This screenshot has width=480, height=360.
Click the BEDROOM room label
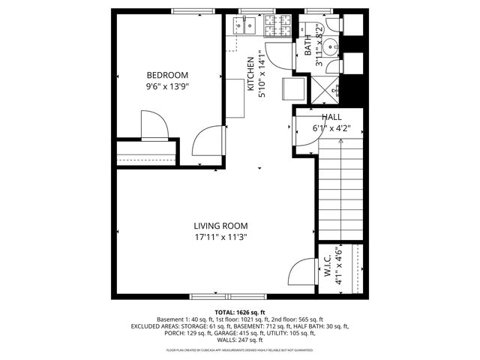[x=167, y=75]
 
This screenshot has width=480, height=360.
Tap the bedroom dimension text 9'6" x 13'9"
[x=167, y=86]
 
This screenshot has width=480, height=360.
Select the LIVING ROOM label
[x=220, y=226]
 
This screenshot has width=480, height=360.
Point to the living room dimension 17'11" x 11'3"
[x=220, y=237]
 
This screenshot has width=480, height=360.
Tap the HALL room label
[x=331, y=118]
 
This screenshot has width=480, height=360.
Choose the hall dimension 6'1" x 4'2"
[x=331, y=128]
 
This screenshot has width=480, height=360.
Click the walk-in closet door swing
[x=301, y=271]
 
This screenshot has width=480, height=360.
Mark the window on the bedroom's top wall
[x=190, y=10]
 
